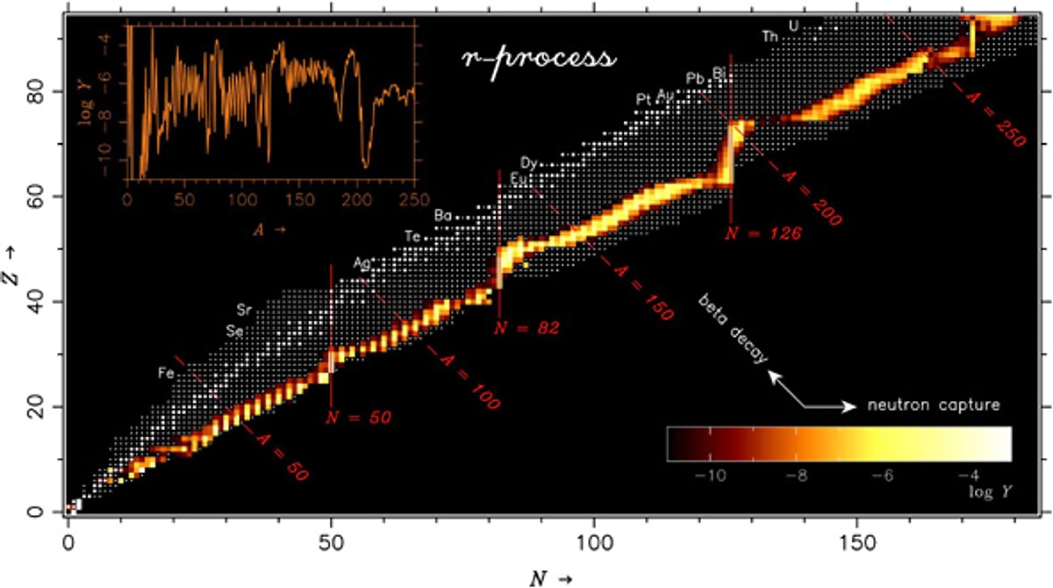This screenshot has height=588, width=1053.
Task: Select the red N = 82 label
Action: (x=526, y=328)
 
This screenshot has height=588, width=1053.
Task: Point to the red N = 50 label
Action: (x=359, y=417)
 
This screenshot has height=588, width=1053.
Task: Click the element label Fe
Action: (x=165, y=373)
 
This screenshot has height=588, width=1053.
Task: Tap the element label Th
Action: (x=770, y=37)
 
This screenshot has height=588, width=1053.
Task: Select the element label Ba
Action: (x=443, y=216)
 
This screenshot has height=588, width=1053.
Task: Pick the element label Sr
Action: (x=245, y=310)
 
